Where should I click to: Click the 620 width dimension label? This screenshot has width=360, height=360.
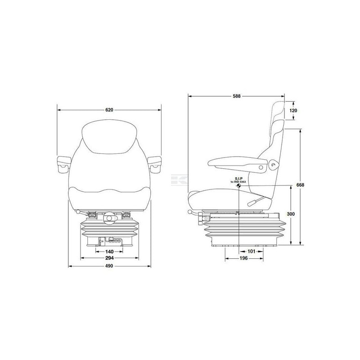tap(109, 110)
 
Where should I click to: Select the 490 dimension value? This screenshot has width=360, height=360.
tap(109, 266)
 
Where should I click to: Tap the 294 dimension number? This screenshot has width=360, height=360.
tap(109, 258)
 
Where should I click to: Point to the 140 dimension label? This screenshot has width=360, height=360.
tap(109, 252)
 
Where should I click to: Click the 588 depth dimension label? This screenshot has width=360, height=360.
tap(237, 96)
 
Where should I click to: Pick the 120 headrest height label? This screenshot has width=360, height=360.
tap(293, 110)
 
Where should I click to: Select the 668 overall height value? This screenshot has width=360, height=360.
tap(300, 185)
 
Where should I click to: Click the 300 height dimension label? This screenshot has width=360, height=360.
tap(291, 214)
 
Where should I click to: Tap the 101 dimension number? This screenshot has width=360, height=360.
tap(252, 252)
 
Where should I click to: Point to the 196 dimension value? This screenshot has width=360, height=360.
tap(243, 258)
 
